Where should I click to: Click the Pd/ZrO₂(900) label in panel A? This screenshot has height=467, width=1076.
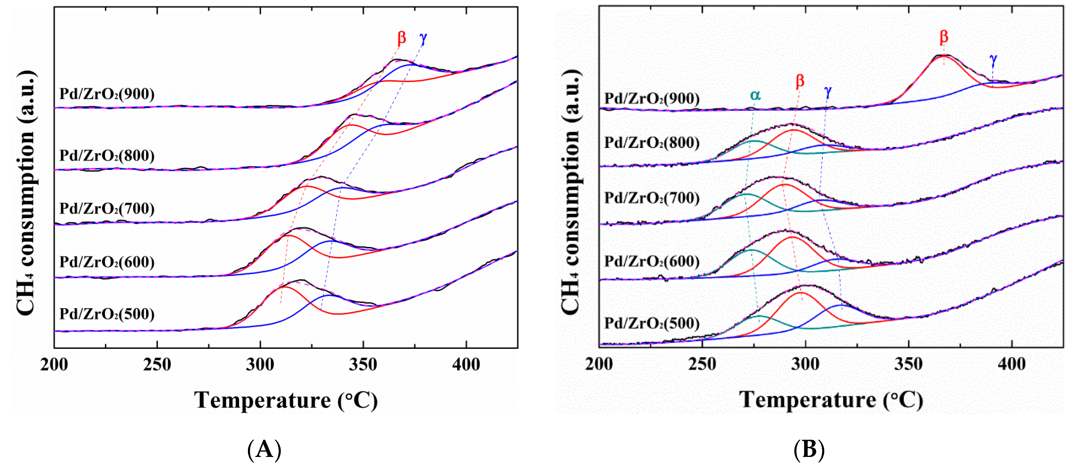[107, 94]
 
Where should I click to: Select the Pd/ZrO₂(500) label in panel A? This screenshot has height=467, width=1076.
[107, 314]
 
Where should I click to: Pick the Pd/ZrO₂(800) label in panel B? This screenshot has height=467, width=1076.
[652, 142]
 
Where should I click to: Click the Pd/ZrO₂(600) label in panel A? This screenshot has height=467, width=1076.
[107, 262]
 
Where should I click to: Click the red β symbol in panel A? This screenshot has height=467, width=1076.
[401, 38]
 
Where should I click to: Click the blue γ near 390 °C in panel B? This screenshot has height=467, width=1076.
[993, 60]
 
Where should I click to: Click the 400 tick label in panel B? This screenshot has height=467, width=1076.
[1011, 364]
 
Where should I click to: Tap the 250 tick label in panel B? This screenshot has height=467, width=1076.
[702, 364]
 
